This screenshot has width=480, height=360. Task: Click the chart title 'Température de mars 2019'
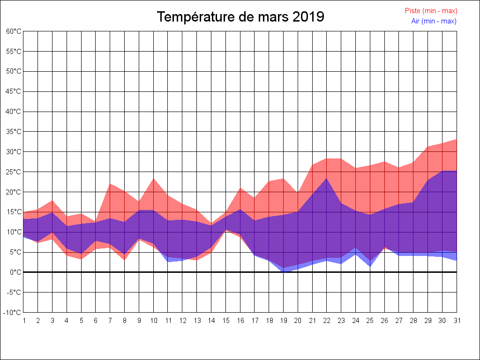pyautogui.click(x=240, y=17)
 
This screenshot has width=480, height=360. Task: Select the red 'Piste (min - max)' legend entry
pyautogui.click(x=431, y=11)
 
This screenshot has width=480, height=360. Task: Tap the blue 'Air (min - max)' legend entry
pyautogui.click(x=434, y=21)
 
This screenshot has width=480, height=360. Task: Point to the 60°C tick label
pyautogui.click(x=14, y=31)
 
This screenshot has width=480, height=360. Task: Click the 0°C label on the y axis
pyautogui.click(x=15, y=272)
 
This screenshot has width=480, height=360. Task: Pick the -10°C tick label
pyautogui.click(x=13, y=313)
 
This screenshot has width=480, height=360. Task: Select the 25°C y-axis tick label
pyautogui.click(x=14, y=172)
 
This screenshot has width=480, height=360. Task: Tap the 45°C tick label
pyautogui.click(x=14, y=91)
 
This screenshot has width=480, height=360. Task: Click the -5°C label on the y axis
pyautogui.click(x=14, y=292)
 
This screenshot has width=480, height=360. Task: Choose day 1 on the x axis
pyautogui.click(x=23, y=321)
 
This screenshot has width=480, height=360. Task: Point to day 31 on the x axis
pyautogui.click(x=457, y=321)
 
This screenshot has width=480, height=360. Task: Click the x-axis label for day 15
pyautogui.click(x=225, y=321)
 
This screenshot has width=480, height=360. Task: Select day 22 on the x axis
pyautogui.click(x=327, y=321)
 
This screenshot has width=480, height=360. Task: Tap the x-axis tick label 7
pyautogui.click(x=110, y=321)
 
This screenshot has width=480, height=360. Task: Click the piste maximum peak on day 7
pyautogui.click(x=110, y=183)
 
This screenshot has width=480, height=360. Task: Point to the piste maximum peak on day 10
pyautogui.click(x=153, y=179)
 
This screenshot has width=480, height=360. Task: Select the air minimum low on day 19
pyautogui.click(x=283, y=272)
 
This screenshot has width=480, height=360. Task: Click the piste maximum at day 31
pyautogui.click(x=456, y=139)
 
